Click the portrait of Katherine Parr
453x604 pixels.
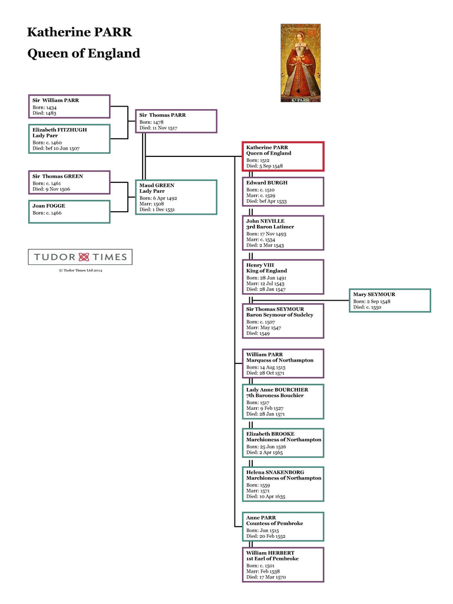[x=300, y=63]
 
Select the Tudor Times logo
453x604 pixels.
[x=80, y=257]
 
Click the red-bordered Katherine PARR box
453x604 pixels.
[x=283, y=156]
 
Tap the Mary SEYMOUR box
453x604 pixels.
[x=389, y=300]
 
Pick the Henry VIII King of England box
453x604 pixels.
[x=283, y=277]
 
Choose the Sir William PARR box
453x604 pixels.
[x=69, y=106]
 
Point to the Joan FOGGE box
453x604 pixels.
[x=69, y=212]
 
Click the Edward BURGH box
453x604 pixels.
[x=283, y=192]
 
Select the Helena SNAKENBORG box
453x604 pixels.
[x=283, y=484]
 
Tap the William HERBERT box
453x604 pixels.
[x=283, y=564]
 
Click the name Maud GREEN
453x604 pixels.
[x=157, y=185]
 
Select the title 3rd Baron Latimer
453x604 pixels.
[x=270, y=227]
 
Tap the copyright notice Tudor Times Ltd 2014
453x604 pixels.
[x=80, y=270]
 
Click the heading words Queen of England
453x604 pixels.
[x=84, y=54]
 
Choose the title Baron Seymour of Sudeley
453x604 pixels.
[x=280, y=315]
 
